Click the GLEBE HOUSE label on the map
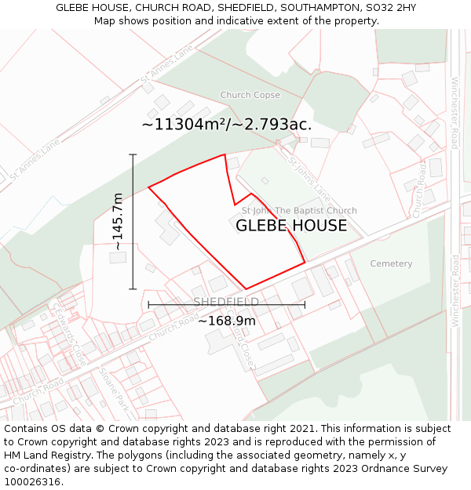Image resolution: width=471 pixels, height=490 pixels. tap(291, 226)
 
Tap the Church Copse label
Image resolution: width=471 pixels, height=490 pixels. tap(250, 95)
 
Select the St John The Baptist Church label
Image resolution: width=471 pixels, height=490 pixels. tap(298, 210)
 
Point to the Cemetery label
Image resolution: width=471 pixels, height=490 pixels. tap(391, 263)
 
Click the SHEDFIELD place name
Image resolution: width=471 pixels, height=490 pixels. tap(226, 302)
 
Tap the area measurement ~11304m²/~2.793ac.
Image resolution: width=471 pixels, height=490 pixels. tap(226, 124)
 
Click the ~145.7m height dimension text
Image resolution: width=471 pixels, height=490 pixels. tap(119, 222)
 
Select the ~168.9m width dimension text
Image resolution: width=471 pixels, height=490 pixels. tap(226, 321)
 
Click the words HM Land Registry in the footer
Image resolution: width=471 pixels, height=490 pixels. tap(49, 455)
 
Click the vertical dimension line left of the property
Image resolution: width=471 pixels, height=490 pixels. tap(133, 222)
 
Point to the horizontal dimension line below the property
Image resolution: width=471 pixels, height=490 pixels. tap(226, 305)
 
